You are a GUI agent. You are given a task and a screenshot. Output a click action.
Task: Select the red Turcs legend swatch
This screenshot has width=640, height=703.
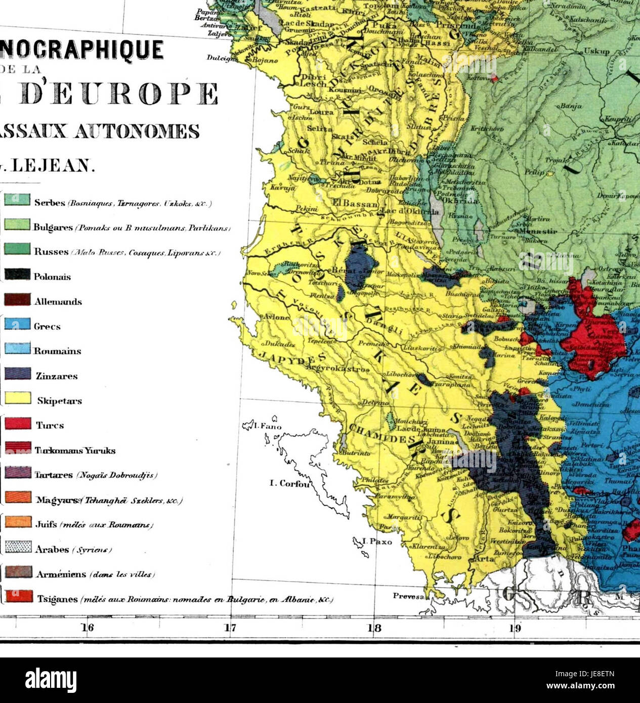coord(17,423)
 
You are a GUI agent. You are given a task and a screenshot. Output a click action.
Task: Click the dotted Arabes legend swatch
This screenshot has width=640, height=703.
coord(17,547)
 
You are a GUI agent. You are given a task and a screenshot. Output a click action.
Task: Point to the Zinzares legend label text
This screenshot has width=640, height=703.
coord(56,376)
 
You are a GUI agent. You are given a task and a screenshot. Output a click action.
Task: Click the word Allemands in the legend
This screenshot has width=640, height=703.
coord(58,302)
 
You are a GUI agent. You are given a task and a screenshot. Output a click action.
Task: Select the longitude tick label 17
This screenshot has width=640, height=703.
coord(231,629)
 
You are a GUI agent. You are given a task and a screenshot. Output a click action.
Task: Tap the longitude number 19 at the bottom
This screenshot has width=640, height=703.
coord(515,629)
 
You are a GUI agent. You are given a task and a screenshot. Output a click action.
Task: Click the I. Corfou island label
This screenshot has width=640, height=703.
coord(289,484)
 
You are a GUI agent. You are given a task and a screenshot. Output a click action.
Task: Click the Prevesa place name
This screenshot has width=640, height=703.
coord(408,596)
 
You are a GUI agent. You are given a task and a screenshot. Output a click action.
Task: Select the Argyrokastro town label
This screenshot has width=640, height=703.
coord(341,370)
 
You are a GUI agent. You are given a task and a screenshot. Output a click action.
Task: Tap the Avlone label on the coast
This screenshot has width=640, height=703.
coord(276,317)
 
